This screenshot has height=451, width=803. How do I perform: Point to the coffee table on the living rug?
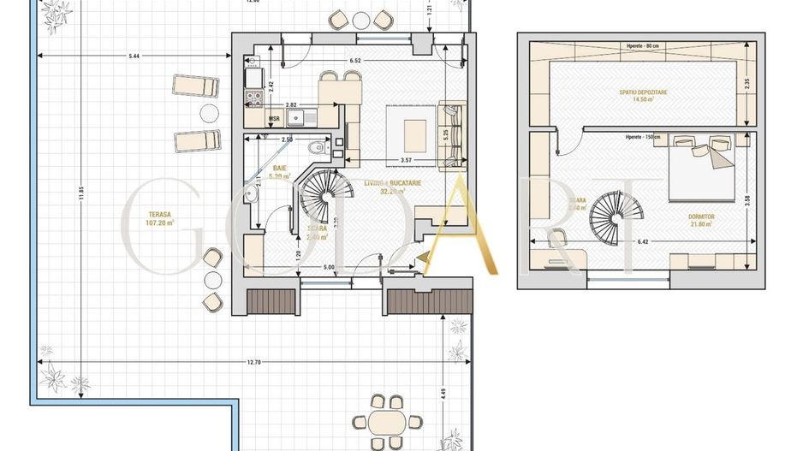click(416, 130)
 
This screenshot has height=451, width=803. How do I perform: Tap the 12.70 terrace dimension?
click(252, 364)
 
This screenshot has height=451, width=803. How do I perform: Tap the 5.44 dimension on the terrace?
click(134, 57)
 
